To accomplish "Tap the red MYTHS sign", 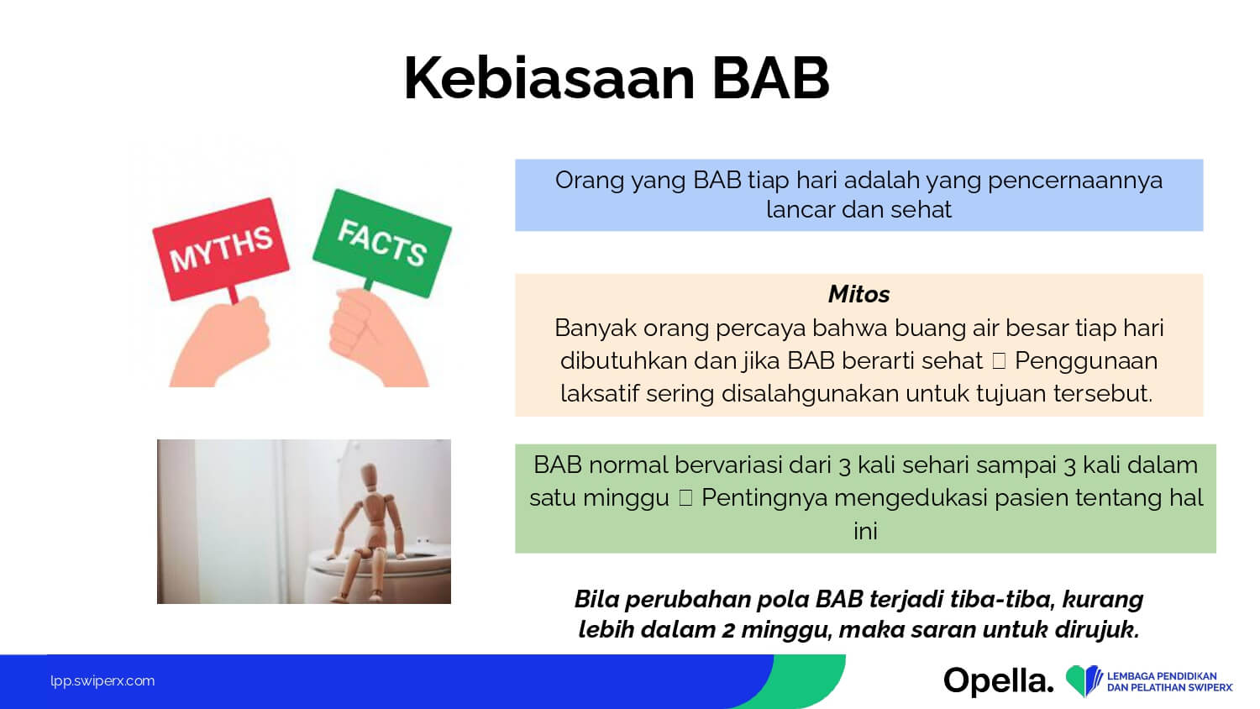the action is click(x=221, y=249).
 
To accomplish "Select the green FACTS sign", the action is click(x=382, y=243).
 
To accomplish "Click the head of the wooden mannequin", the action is click(x=369, y=476).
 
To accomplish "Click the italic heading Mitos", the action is click(x=859, y=294).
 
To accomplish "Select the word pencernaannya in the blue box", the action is click(x=1075, y=181).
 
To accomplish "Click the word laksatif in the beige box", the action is click(x=600, y=393).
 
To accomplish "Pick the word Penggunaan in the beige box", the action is click(x=1086, y=361).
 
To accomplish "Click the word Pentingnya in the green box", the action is click(x=770, y=498).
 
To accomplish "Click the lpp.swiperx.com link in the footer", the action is click(x=102, y=681).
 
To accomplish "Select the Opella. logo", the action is click(x=999, y=681).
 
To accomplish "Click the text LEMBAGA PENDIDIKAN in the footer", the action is click(x=1162, y=676).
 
